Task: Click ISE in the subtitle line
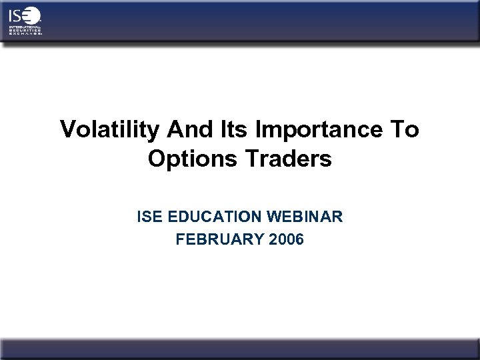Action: pyautogui.click(x=149, y=218)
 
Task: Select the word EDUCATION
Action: pyautogui.click(x=214, y=218)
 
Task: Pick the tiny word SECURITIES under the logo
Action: pyautogui.click(x=22, y=31)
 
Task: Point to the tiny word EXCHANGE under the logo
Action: pyautogui.click(x=24, y=34)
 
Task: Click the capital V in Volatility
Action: pyautogui.click(x=67, y=130)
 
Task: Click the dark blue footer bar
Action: pyautogui.click(x=240, y=349)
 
